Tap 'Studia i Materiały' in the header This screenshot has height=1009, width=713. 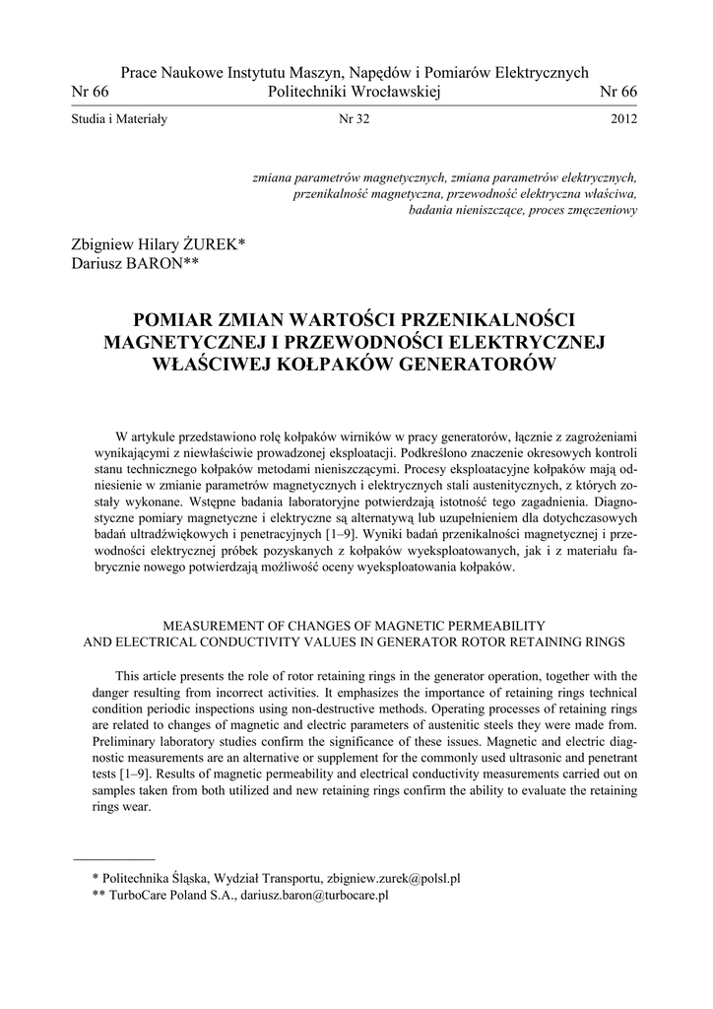point(120,120)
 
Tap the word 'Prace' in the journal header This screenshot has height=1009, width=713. point(139,73)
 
